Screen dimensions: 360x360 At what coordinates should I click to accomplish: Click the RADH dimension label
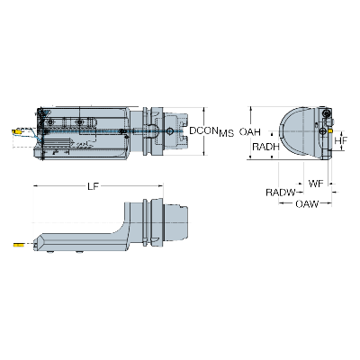(x=265, y=148)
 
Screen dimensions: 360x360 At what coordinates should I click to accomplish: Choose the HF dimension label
(x=341, y=139)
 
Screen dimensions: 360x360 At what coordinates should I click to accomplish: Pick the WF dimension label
(x=315, y=184)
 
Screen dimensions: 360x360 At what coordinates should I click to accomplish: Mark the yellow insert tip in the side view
(x=17, y=243)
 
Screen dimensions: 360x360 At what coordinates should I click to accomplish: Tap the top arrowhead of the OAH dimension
(x=250, y=109)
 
